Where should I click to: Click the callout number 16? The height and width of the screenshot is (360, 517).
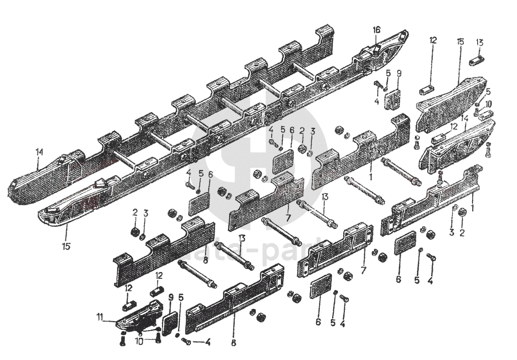click(376, 30)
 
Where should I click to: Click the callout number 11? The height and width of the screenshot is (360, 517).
click(99, 317)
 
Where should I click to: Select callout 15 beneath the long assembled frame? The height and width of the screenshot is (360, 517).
click(66, 246)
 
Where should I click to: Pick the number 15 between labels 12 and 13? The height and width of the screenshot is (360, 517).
click(460, 41)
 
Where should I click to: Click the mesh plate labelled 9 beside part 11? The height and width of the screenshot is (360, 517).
click(171, 321)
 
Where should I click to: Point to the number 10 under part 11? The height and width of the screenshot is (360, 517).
click(139, 341)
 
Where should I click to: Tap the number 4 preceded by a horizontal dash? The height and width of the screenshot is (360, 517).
click(208, 342)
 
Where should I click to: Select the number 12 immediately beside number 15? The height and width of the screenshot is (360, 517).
click(433, 40)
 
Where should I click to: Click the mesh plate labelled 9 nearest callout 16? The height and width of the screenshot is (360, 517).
click(393, 98)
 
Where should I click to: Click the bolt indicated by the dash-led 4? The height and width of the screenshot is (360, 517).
click(186, 342)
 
